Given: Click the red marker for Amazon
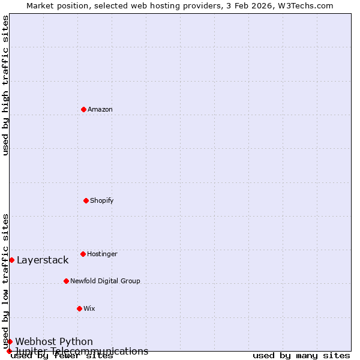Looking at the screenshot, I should (83, 109).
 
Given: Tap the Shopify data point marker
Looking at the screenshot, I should (86, 200).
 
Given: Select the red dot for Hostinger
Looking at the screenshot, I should (83, 254).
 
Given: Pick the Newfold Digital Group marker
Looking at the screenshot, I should (66, 281).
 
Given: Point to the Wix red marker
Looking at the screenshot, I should (79, 308).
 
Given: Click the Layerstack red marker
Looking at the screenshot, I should (11, 260).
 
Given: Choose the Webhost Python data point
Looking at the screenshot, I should (10, 341).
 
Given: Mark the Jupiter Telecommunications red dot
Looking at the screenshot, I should (9, 351).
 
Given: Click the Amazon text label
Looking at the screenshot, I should (100, 109).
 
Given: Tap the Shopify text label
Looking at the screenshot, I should (102, 200).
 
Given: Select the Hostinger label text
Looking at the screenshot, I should (102, 254).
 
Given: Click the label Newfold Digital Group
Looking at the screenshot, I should (105, 281).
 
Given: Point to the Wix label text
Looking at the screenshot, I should (89, 308).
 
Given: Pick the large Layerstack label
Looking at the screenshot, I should (43, 260).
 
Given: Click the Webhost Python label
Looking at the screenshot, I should (54, 341).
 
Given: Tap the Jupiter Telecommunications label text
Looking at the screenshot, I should (82, 351).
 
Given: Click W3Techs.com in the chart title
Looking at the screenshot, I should (306, 5).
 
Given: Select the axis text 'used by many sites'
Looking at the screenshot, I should (301, 356).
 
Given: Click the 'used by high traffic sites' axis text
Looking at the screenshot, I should (5, 86).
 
